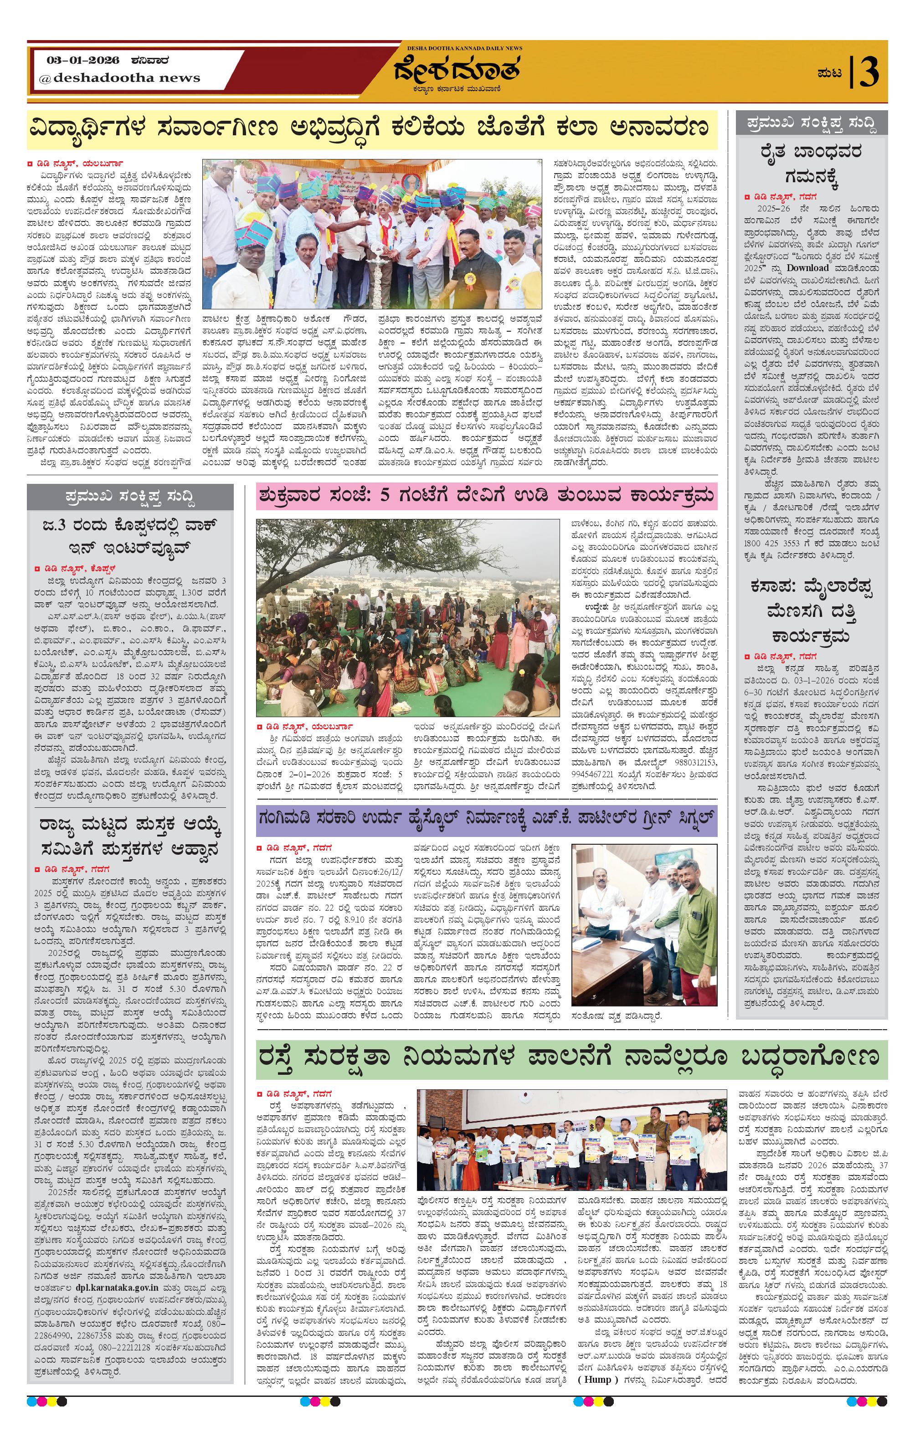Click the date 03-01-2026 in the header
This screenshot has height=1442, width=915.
tap(83, 61)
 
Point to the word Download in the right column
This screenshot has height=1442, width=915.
tap(808, 268)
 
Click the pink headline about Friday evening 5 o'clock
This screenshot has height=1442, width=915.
tap(486, 496)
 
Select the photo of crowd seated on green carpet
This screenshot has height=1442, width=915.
tap(406, 617)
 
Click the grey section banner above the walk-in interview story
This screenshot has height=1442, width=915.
tap(130, 497)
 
